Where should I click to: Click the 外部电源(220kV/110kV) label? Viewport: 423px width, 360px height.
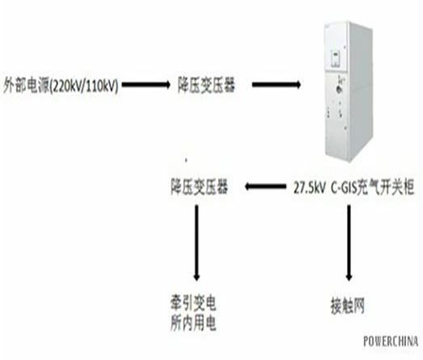tap(61, 86)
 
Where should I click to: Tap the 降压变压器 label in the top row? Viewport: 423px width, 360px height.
tap(206, 85)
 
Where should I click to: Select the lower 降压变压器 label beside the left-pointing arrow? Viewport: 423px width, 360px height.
tap(199, 187)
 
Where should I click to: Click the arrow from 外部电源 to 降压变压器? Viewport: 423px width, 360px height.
tap(146, 85)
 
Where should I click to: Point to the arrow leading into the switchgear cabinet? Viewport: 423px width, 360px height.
tap(277, 85)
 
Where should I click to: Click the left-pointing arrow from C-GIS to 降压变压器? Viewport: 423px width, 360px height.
tap(265, 186)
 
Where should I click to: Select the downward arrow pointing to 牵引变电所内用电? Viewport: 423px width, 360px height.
tap(197, 243)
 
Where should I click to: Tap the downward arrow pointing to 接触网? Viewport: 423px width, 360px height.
tap(349, 243)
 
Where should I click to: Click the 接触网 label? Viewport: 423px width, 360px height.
tap(348, 306)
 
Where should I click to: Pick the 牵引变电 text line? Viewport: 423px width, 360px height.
tap(193, 303)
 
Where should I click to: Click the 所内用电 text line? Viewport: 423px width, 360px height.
tap(193, 323)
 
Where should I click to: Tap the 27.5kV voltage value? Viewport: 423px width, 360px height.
tap(310, 188)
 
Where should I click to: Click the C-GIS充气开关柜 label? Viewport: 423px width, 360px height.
tap(373, 187)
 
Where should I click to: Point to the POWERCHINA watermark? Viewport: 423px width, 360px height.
tap(391, 341)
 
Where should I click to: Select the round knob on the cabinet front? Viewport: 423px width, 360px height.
tap(337, 89)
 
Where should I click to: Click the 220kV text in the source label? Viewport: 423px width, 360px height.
tap(66, 87)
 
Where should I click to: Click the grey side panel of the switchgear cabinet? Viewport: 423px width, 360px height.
tap(361, 91)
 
